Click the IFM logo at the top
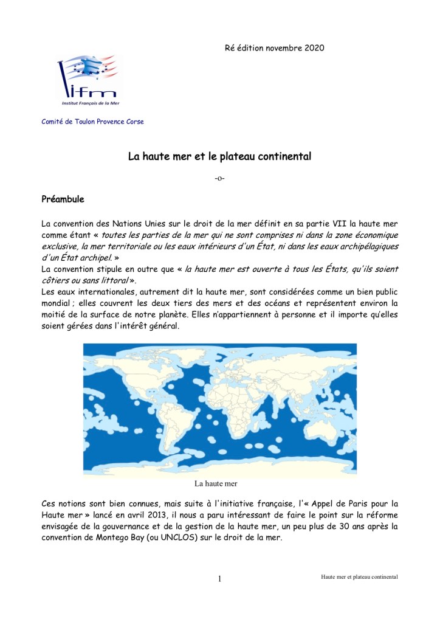click(89, 77)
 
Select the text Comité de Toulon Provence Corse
click(92, 122)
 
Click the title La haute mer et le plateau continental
click(219, 157)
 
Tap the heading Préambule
click(63, 199)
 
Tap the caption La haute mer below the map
click(215, 484)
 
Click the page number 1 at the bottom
click(219, 579)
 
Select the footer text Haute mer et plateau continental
click(359, 576)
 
